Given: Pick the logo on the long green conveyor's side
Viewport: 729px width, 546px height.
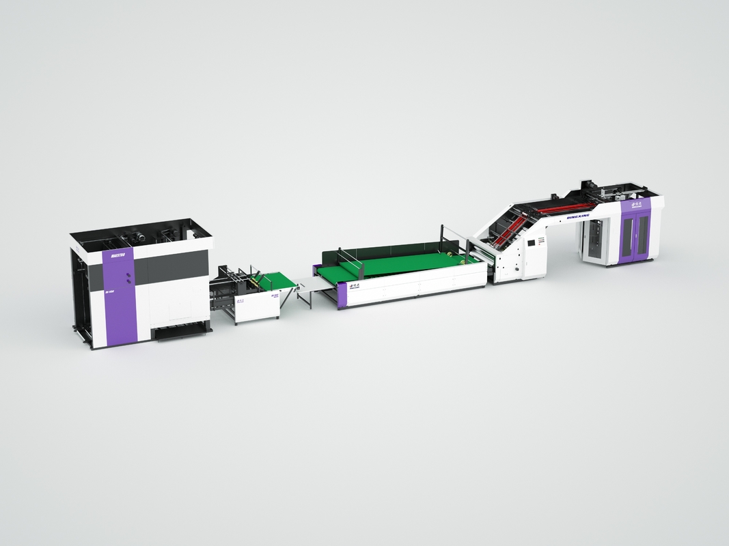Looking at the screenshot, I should [355, 287].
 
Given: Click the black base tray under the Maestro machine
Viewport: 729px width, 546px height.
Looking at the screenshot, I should [182, 333].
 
